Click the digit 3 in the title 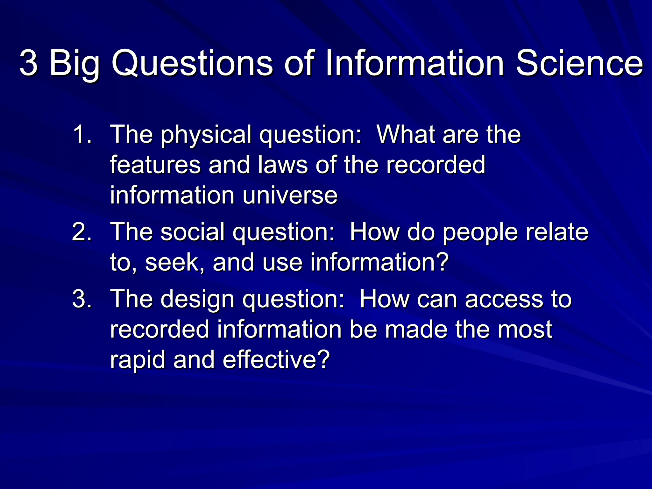click(x=29, y=63)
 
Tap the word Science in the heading click(x=579, y=63)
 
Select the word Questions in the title click(x=192, y=63)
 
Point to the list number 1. click(x=82, y=134)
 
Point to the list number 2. click(x=82, y=232)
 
